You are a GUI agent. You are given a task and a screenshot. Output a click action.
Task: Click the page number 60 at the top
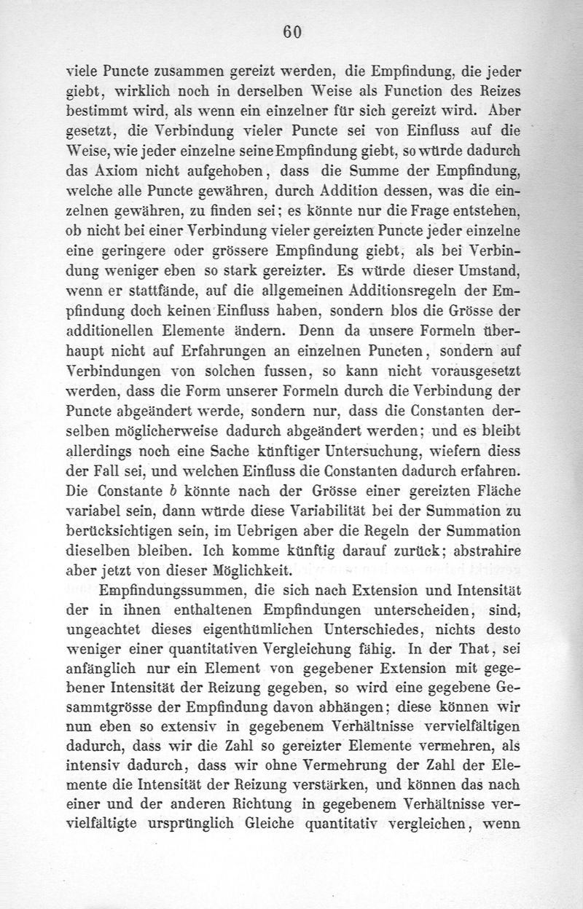[x=292, y=31]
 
